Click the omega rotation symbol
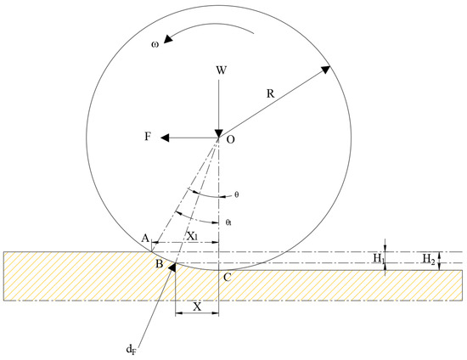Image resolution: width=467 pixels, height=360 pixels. tap(155, 45)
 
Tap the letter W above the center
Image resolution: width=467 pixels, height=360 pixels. tap(222, 70)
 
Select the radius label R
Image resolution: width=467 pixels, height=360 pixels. tap(270, 93)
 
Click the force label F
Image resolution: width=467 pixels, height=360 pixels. tap(148, 137)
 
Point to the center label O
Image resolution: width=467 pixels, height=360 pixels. tap(230, 139)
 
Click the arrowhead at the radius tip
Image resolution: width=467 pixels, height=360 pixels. tap(325, 70)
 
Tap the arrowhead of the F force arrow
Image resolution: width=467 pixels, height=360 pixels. tap(165, 138)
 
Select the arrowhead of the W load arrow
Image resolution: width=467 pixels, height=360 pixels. tap(219, 133)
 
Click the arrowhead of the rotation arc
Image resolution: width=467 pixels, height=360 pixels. tap(168, 39)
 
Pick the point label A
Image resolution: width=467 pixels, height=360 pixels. tap(145, 239)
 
